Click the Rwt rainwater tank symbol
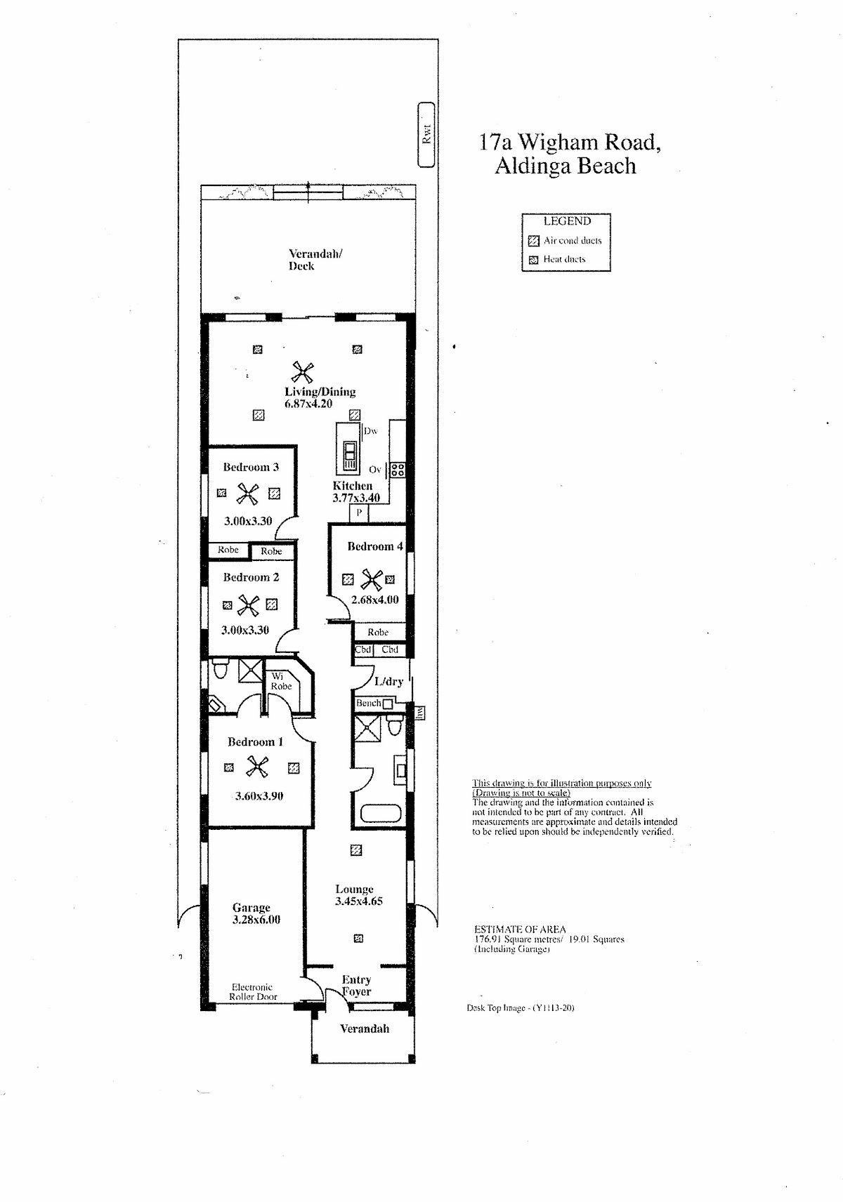(426, 135)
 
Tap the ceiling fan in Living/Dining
(303, 372)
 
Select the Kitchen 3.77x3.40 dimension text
(356, 497)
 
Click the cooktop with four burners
(398, 470)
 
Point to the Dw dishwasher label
(370, 431)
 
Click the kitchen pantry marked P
(359, 513)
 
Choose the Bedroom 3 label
(251, 467)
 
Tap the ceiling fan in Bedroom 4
(372, 579)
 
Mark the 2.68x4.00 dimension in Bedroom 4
(375, 600)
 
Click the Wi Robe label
(281, 681)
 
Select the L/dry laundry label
(388, 682)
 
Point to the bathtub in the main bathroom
(381, 813)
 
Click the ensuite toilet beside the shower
(221, 669)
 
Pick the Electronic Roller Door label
(253, 991)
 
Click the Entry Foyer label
(357, 985)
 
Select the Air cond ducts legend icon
(533, 240)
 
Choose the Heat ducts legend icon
(533, 260)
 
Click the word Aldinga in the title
(532, 166)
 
